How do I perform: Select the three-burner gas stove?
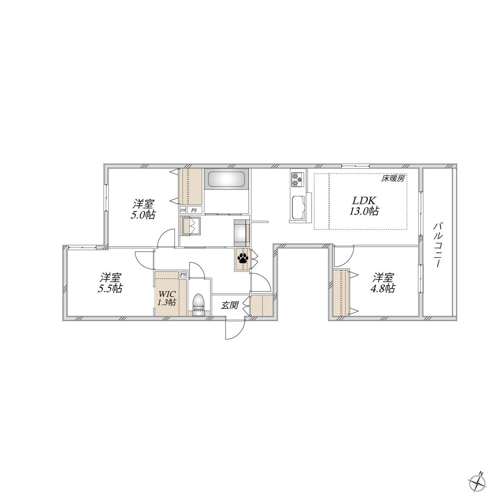(x=297, y=179)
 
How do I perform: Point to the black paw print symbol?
(x=243, y=258)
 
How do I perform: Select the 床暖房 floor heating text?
(x=393, y=178)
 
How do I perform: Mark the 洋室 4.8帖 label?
(x=384, y=283)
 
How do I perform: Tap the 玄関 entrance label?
(x=230, y=306)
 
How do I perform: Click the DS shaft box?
(x=183, y=211)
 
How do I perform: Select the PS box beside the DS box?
(x=194, y=211)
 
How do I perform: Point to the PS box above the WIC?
(x=183, y=275)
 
